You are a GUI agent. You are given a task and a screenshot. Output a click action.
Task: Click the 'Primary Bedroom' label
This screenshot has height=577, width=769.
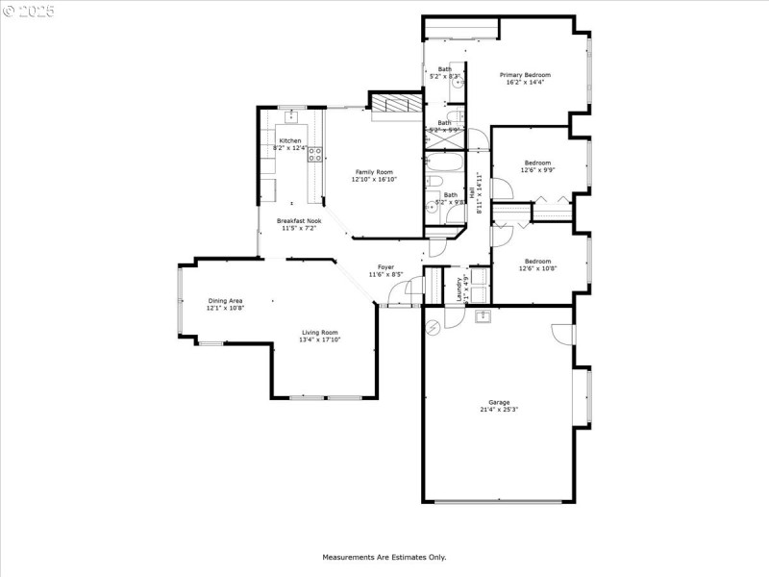click(x=524, y=74)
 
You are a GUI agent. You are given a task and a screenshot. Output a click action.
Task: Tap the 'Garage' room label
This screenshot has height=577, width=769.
click(x=498, y=402)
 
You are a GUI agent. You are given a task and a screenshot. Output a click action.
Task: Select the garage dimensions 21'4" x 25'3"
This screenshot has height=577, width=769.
click(x=498, y=410)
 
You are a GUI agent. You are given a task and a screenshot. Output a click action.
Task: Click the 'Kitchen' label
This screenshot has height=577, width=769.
click(x=290, y=140)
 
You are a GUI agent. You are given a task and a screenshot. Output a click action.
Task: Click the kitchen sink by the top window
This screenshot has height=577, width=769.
click(x=291, y=118)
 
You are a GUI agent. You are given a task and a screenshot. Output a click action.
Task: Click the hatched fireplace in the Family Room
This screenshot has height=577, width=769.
click(x=396, y=105)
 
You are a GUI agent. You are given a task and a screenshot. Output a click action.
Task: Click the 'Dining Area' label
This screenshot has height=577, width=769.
click(x=226, y=301)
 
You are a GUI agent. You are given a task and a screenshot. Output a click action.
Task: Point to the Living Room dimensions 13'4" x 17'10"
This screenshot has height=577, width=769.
click(x=320, y=339)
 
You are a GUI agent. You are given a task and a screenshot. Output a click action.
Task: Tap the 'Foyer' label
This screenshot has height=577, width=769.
click(x=385, y=266)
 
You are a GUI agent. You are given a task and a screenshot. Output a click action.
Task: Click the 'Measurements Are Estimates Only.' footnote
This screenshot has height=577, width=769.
click(x=384, y=557)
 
